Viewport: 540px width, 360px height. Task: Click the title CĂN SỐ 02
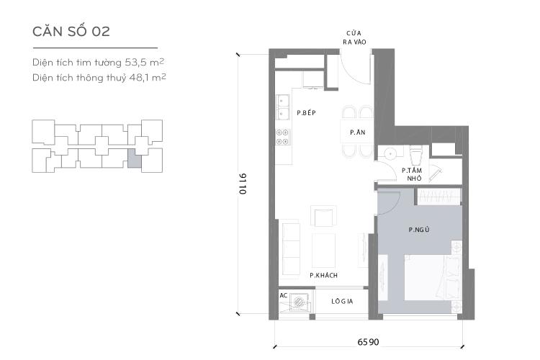(71, 32)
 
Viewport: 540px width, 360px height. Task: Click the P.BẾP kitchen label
(307, 114)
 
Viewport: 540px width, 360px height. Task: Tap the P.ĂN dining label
(356, 132)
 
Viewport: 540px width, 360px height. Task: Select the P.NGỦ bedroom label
(419, 230)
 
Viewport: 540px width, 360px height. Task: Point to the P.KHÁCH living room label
(324, 275)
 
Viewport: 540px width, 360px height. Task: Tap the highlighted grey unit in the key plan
(134, 158)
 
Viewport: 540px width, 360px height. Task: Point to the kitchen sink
(283, 107)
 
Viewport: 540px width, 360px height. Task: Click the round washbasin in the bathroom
(389, 153)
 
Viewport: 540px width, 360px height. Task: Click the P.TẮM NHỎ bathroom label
(412, 174)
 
